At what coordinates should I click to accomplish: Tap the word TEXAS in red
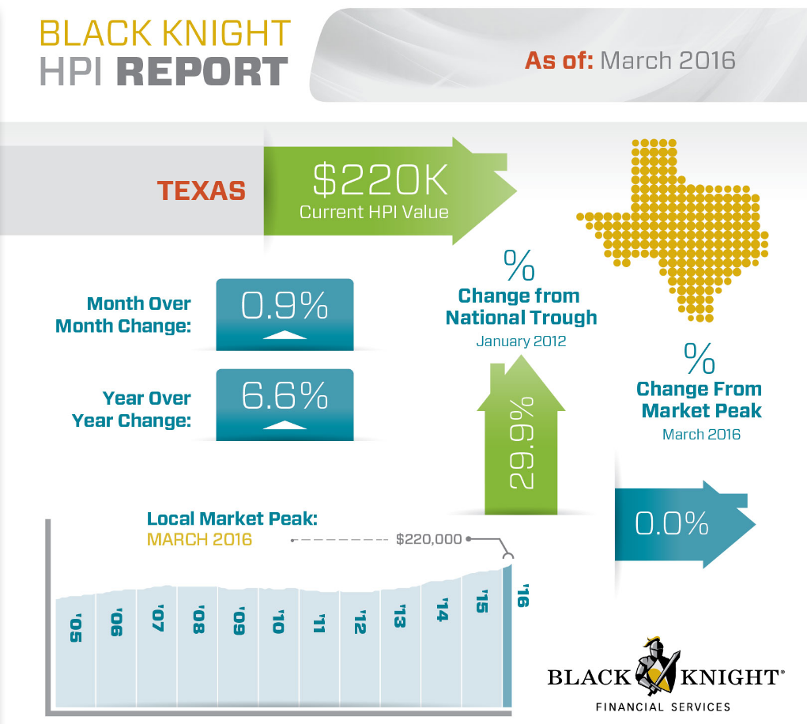click(x=201, y=191)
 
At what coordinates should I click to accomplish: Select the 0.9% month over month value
click(x=285, y=307)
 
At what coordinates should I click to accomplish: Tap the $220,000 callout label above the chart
click(x=428, y=539)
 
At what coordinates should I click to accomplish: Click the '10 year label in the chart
click(x=277, y=622)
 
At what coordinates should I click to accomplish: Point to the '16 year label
click(x=522, y=595)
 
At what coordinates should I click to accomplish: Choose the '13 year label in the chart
click(x=400, y=616)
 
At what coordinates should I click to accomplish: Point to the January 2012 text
click(x=521, y=341)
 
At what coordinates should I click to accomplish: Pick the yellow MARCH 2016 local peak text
click(x=199, y=540)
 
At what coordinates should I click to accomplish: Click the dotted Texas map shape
click(x=680, y=229)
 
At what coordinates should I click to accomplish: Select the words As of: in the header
click(x=559, y=60)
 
